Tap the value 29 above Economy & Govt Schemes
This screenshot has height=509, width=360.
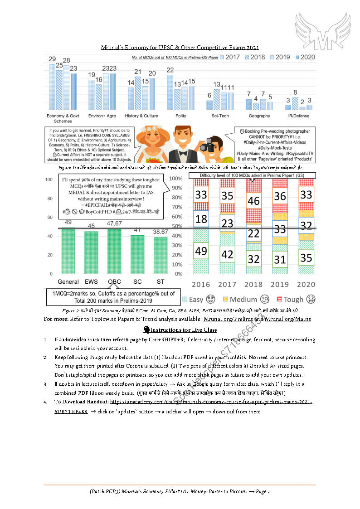(52, 59)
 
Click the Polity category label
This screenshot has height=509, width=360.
(181, 116)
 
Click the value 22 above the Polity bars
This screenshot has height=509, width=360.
(170, 70)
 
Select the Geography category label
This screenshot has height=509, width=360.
(259, 116)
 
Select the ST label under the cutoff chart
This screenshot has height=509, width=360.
(161, 281)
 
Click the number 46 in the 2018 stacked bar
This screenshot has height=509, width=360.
(253, 201)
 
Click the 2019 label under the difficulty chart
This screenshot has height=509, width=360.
(280, 285)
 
